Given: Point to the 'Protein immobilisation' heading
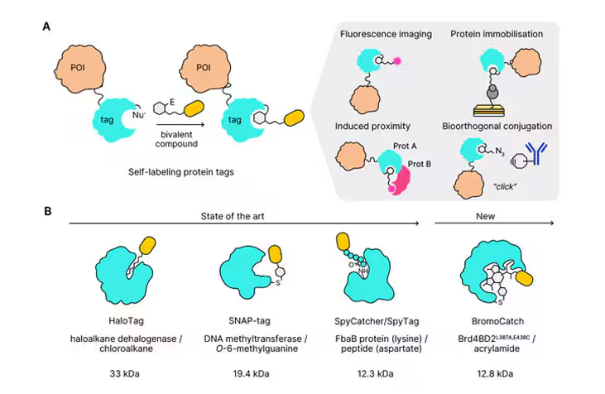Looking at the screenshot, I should [x=497, y=33].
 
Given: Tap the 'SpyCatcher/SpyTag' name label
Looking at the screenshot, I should [x=371, y=318].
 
